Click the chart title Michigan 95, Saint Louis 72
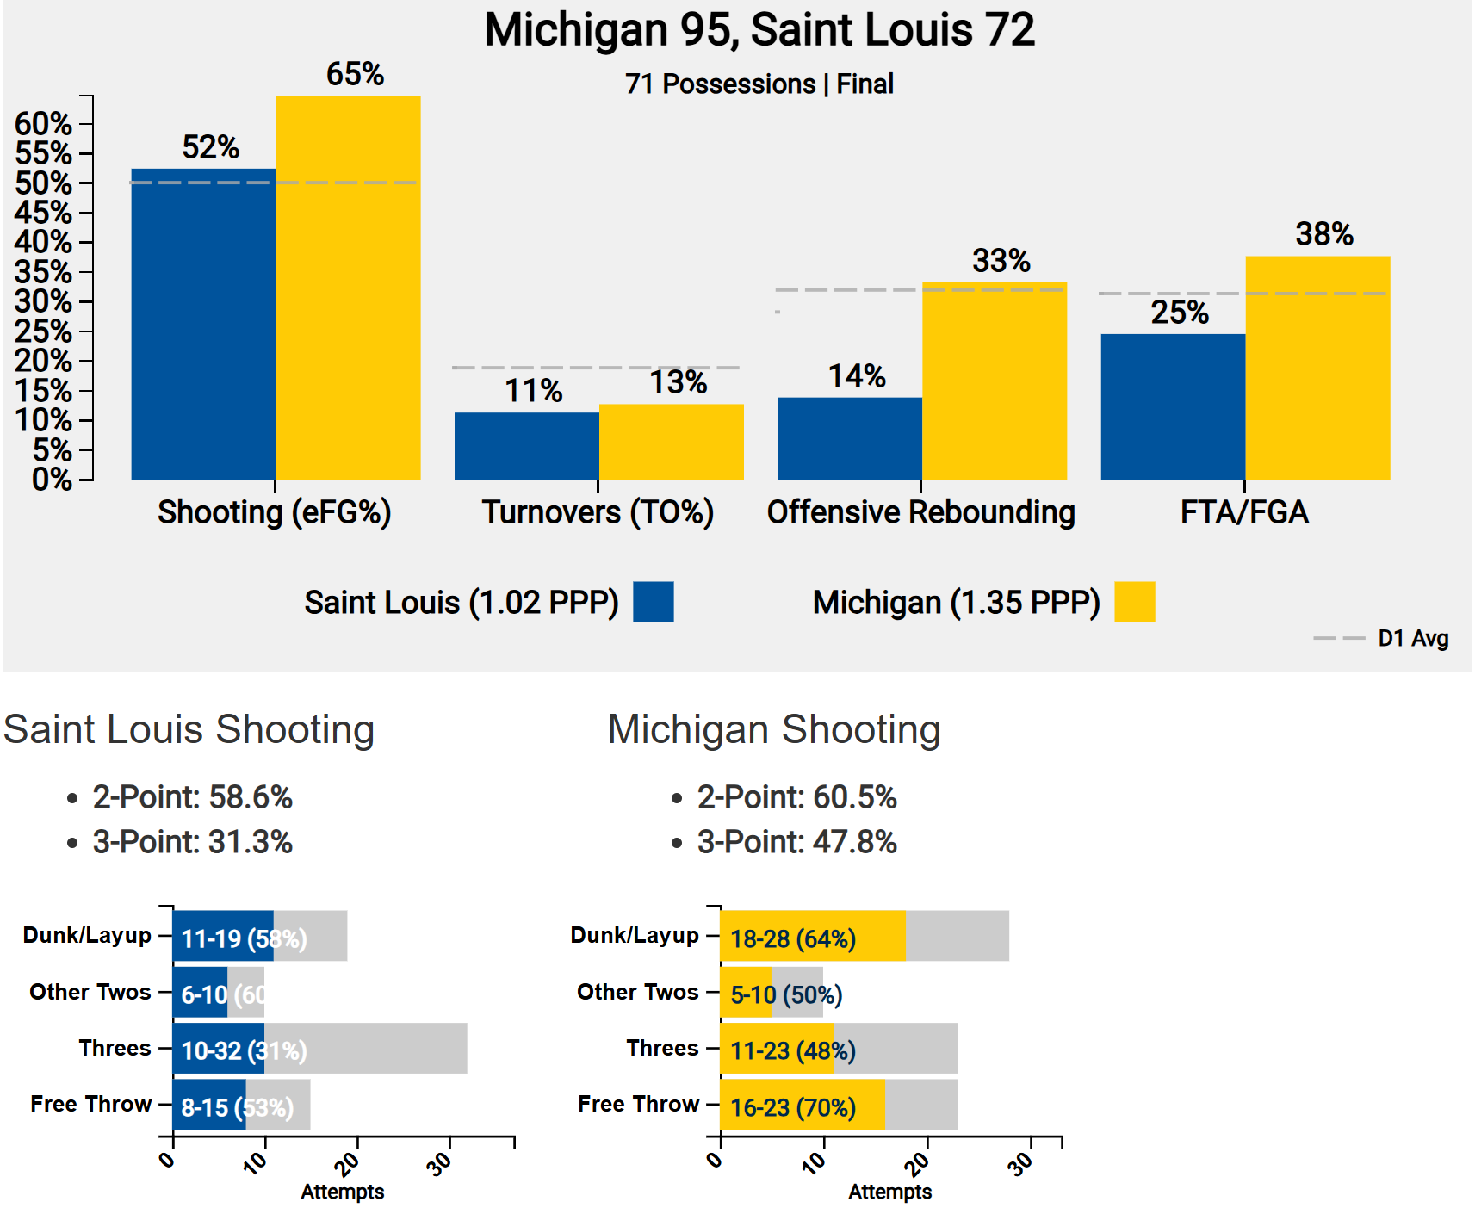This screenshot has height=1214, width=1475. coord(759,30)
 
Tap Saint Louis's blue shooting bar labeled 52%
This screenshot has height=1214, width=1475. coord(203,324)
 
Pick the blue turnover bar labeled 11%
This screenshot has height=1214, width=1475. coord(526,446)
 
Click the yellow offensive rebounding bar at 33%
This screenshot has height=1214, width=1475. coord(995,381)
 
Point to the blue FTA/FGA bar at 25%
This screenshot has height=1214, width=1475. coord(1173,406)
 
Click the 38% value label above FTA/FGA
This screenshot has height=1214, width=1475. coord(1323,234)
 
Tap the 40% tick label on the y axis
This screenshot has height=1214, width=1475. coord(43,242)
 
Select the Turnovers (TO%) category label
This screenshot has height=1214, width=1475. coord(598,512)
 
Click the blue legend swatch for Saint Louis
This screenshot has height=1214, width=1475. coord(653,602)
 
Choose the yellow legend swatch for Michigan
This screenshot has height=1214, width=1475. coord(1134,602)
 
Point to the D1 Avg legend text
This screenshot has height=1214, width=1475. coord(1413,639)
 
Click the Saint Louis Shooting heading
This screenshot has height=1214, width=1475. coord(189,729)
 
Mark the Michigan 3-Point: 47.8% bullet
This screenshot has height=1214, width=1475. coord(796,842)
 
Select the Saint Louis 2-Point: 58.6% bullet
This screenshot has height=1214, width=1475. coord(192,797)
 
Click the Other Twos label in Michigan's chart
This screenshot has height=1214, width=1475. coord(637,992)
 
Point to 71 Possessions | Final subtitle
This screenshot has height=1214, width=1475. coord(759,84)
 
